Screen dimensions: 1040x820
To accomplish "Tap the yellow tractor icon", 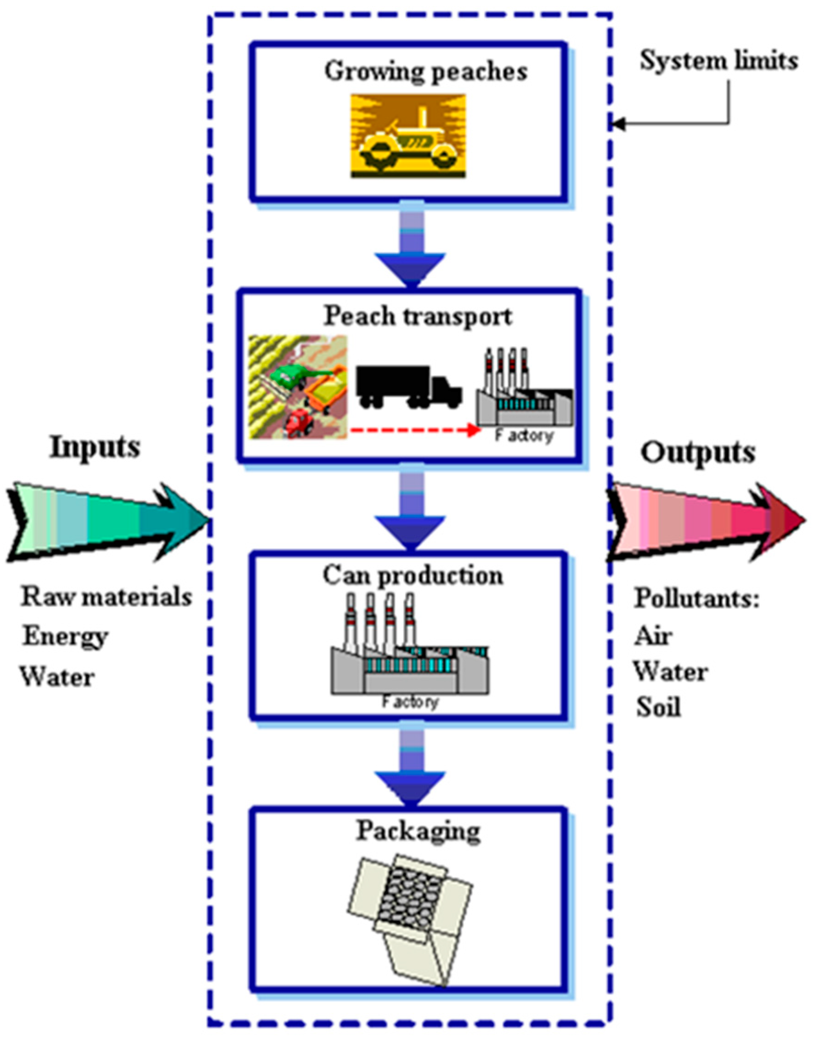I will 408,136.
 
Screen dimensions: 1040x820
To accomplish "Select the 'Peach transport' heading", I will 418,317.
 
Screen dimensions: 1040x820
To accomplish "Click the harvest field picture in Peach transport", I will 298,387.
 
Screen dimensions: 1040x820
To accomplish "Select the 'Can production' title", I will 413,575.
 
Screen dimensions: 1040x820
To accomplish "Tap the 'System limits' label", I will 718,62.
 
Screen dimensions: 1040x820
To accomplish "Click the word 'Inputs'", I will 95,447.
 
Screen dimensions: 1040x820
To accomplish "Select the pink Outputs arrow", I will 706,522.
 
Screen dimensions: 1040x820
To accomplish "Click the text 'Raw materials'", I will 106,597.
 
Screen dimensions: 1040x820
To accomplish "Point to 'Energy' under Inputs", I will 65,637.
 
